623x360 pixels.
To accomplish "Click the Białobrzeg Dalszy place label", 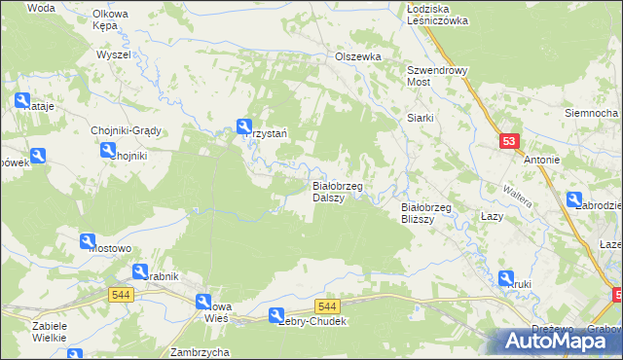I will [337, 191].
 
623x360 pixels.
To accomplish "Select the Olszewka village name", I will [357, 56].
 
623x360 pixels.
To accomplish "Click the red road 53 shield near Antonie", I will [509, 141].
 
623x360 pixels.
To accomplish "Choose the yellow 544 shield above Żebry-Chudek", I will [327, 306].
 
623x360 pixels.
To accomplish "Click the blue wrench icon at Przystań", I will [243, 126].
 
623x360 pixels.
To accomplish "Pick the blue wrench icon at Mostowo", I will [87, 241].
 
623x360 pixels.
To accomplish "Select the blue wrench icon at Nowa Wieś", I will [204, 302].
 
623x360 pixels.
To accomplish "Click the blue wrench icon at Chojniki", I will [107, 149].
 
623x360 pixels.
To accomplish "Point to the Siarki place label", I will [420, 118].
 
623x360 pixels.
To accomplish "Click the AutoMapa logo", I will [562, 341].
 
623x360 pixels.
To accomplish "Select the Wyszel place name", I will [113, 54].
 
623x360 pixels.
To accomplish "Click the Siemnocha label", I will [592, 113].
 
